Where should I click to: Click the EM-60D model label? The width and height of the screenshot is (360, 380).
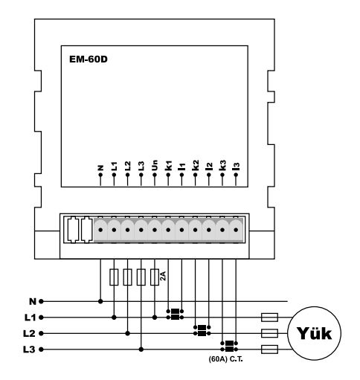tap(89, 59)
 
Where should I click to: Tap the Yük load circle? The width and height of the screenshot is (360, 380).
tap(314, 333)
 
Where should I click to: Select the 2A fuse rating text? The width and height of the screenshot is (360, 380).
tap(163, 276)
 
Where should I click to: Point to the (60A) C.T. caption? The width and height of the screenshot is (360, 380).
tap(226, 359)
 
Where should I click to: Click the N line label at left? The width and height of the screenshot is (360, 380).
tap(33, 302)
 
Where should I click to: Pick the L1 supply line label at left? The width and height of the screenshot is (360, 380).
tap(30, 318)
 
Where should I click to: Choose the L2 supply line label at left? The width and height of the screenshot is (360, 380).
tap(30, 334)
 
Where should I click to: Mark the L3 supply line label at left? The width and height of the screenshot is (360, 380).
tap(30, 350)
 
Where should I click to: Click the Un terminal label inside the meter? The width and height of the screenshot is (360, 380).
tap(154, 165)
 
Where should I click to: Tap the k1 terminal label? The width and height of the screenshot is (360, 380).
tap(168, 166)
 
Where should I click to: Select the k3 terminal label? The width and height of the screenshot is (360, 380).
tap(222, 165)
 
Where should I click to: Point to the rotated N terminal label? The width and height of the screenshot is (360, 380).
tap(100, 168)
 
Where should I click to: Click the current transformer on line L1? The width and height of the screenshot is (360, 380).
tap(175, 315)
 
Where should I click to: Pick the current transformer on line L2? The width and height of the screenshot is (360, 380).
tap(202, 330)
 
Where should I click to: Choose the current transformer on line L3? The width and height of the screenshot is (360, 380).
tap(229, 347)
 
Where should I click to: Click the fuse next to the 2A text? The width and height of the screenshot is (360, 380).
tap(155, 277)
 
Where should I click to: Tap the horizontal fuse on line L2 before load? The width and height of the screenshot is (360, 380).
tap(269, 333)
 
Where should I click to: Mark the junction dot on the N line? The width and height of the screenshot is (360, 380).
tap(100, 302)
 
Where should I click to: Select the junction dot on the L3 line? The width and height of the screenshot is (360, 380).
tap(141, 350)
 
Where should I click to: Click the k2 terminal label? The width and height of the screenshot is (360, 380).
tap(196, 165)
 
